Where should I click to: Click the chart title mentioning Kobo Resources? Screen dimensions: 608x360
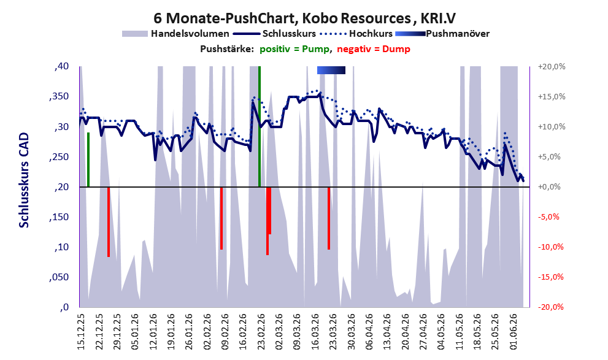pos(304,18)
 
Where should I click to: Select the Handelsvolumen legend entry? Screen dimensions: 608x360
pos(175,34)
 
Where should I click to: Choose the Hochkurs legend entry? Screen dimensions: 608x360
pos(356,34)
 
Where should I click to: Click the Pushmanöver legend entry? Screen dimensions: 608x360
pos(442,34)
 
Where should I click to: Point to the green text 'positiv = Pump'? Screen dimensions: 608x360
pos(294,49)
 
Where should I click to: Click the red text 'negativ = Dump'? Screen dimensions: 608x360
pos(374,49)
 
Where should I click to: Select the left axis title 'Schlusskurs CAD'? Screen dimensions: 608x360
pos(24,180)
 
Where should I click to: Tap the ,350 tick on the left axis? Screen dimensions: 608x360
pos(60,97)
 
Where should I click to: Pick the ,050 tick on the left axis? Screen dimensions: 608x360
pos(60,277)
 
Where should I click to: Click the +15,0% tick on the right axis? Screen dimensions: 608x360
pos(552,96)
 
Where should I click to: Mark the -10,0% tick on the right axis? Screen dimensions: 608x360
pos(550,247)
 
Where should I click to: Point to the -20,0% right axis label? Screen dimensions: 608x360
pos(550,307)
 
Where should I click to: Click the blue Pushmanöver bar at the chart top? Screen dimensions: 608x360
pos(331,70)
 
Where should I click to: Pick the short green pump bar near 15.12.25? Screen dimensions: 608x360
pos(88,159)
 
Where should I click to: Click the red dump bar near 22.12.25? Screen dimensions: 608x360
pos(109,221)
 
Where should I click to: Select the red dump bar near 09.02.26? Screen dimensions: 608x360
pos(221,218)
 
